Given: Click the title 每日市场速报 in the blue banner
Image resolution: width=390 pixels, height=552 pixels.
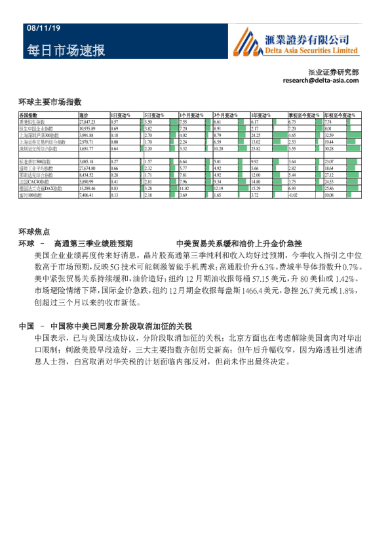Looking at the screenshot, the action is point(66,51).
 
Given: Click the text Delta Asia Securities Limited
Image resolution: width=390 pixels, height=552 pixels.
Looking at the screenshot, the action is point(311,50).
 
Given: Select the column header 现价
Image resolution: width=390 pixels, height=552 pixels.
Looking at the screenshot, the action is point(84,115).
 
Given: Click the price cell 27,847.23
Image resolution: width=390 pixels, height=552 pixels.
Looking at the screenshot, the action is point(87,122).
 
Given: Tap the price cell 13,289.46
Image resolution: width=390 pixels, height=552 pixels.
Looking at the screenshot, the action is point(87,189).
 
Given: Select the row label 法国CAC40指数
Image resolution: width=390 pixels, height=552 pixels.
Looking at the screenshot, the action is point(35,182).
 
